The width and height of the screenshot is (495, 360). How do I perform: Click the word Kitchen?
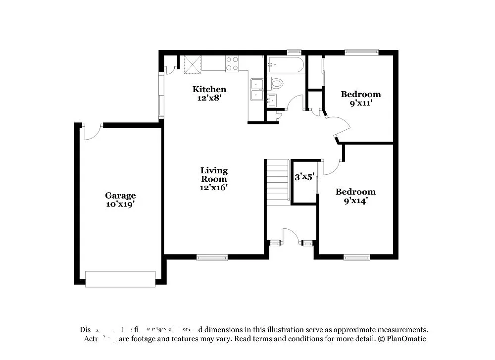(x=209, y=89)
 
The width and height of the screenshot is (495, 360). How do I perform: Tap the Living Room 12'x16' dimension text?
(x=214, y=187)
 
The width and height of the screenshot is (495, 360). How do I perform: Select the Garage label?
(x=120, y=196)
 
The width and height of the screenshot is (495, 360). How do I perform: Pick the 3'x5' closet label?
(x=304, y=176)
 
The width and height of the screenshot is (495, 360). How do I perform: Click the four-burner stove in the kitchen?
(x=232, y=64)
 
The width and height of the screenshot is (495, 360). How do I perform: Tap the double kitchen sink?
(x=257, y=90)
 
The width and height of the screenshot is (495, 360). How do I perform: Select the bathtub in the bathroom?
(x=285, y=65)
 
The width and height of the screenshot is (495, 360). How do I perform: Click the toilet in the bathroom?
(x=276, y=83)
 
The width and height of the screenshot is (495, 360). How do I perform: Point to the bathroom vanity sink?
(x=271, y=101)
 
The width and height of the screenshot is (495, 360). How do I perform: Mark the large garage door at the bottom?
(x=120, y=279)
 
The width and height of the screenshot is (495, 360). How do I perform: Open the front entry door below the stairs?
(x=291, y=236)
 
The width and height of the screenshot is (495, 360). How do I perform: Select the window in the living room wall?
(x=212, y=257)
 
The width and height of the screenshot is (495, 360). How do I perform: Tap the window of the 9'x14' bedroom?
(x=357, y=257)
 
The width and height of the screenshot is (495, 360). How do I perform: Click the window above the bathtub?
(x=294, y=51)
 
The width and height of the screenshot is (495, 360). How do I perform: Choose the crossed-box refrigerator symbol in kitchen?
(x=192, y=64)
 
